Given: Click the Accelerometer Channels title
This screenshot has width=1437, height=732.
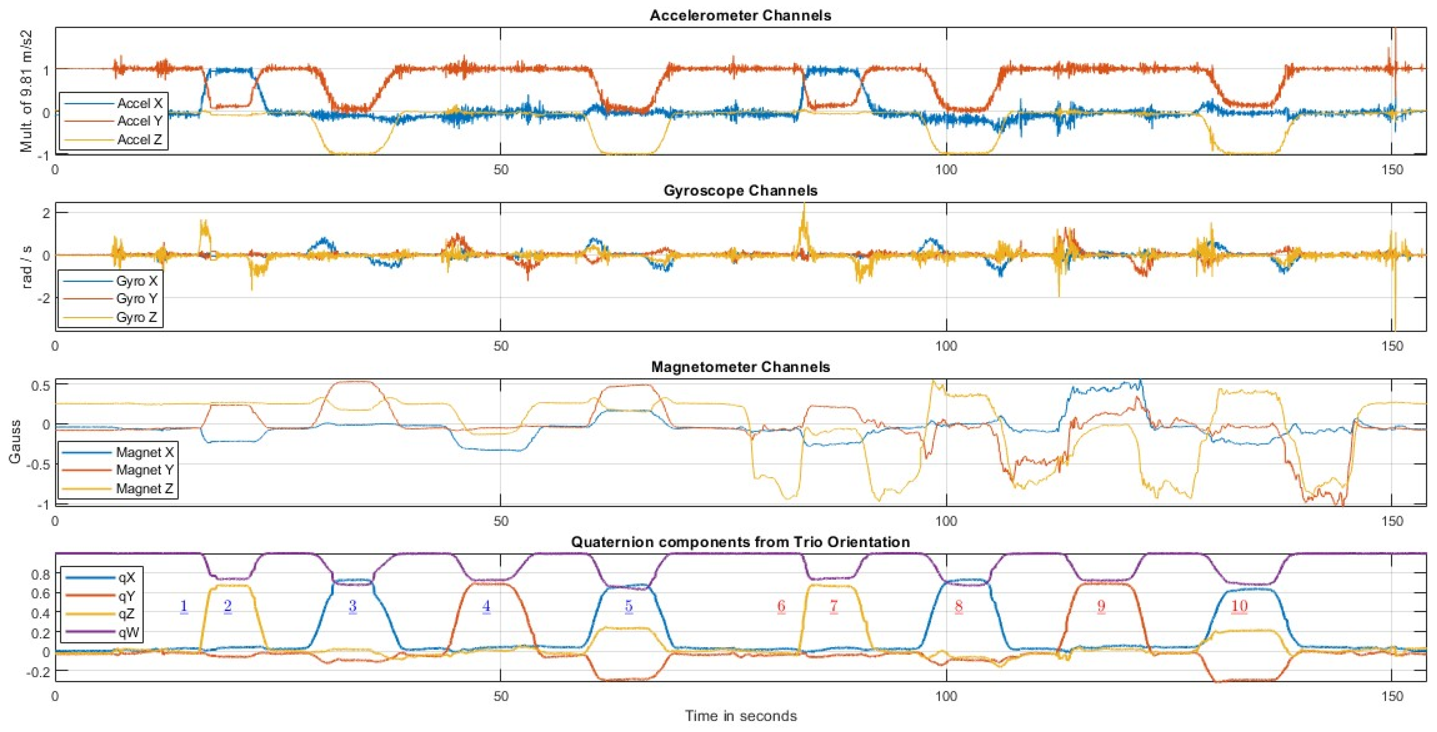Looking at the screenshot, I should coord(740,15).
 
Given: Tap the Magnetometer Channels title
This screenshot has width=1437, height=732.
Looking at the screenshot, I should coord(740,367).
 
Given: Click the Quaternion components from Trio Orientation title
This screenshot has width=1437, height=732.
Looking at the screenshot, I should coord(740,542).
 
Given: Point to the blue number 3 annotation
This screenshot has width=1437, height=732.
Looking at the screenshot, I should coord(352,606).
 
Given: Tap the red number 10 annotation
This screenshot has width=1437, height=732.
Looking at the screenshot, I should coord(1239,606).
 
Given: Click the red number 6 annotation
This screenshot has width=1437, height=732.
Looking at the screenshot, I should coord(781,606).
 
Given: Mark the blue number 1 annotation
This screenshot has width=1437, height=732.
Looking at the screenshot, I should coord(183,606).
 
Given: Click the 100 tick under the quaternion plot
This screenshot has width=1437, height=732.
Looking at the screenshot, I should coord(946,696).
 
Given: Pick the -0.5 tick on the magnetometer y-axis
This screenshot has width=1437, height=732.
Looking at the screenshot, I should coord(39,464).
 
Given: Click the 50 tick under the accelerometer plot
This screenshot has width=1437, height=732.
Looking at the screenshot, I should coord(500,169).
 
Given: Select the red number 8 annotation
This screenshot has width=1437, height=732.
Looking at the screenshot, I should coord(958,606).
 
